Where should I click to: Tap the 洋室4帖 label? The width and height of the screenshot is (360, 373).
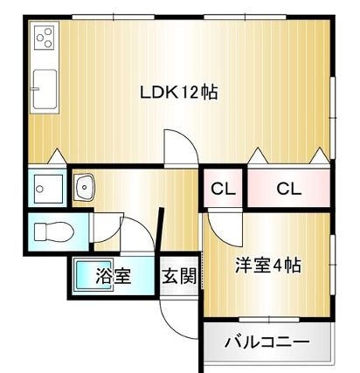click(268, 266)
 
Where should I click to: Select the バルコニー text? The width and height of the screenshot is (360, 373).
click(267, 342)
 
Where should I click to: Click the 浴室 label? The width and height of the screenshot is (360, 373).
click(113, 277)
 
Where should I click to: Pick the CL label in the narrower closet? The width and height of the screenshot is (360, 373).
click(223, 188)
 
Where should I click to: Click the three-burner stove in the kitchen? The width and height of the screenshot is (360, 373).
click(44, 39)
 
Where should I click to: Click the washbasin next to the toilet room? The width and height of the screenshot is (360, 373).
click(86, 187)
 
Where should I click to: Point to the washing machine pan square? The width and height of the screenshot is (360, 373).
click(45, 187)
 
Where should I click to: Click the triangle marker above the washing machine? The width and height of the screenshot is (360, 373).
click(58, 158)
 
